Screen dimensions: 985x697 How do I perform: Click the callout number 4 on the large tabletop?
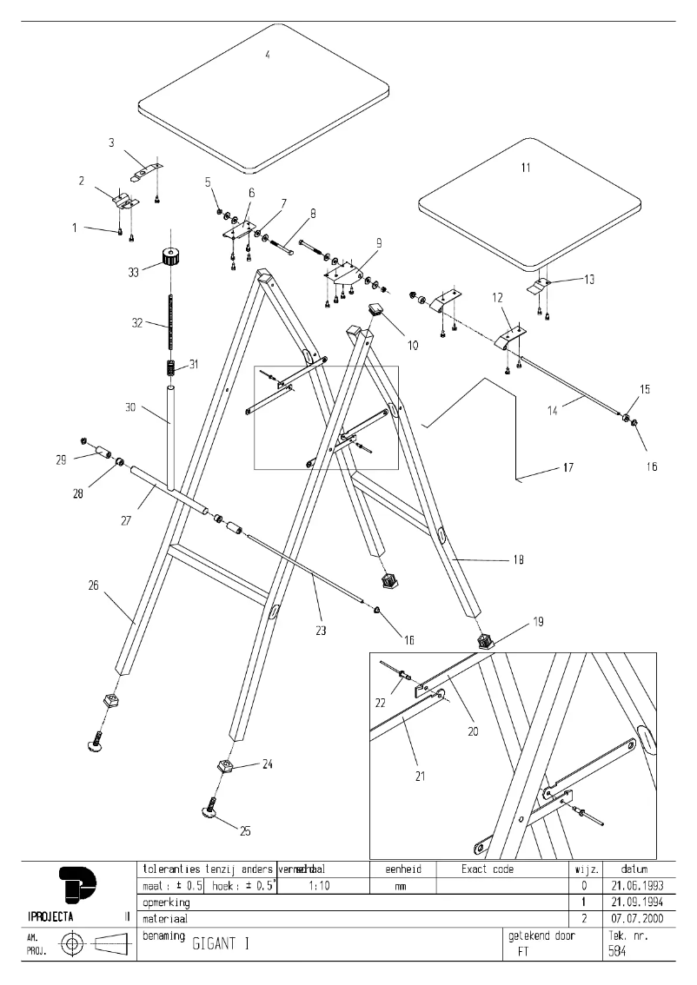268,55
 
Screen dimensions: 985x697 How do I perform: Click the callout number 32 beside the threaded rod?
136,322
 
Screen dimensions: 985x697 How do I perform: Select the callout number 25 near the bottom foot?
245,831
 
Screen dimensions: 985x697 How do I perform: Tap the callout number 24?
268,764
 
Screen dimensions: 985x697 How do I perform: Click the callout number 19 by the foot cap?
538,622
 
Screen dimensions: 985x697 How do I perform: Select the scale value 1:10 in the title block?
319,886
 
